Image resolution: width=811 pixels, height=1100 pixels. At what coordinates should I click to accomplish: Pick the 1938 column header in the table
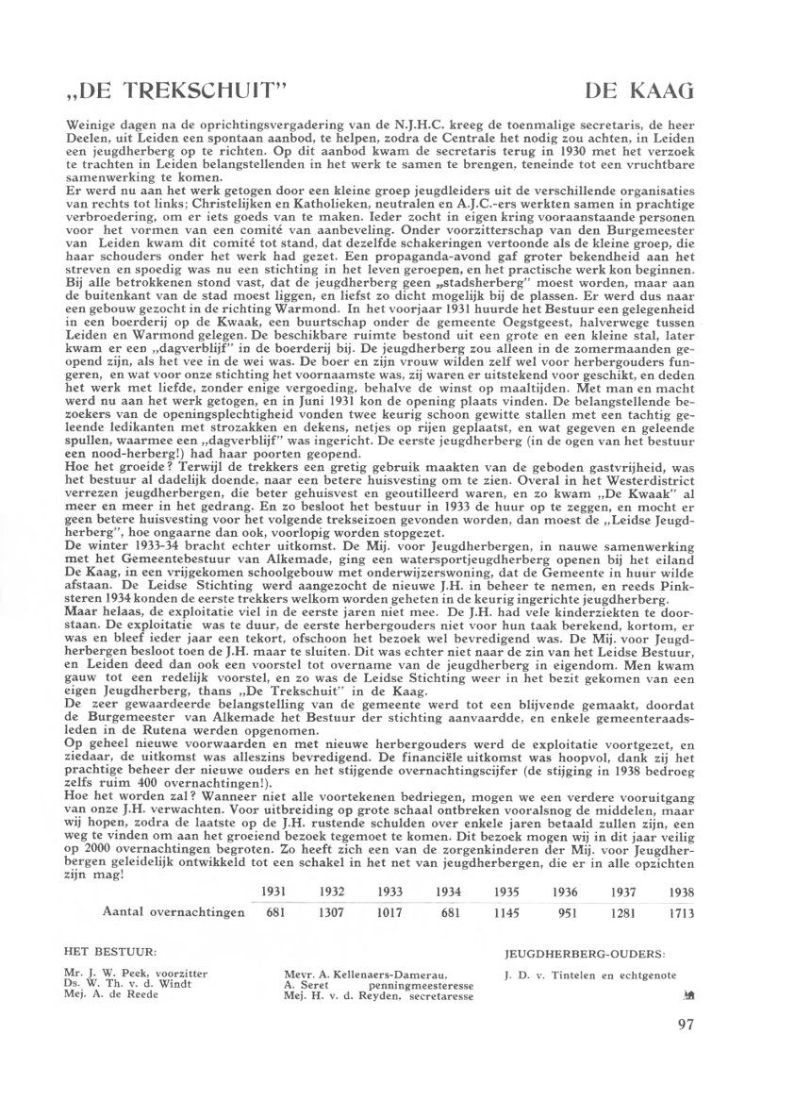(680, 891)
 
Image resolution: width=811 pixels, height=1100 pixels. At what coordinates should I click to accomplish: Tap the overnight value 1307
(331, 914)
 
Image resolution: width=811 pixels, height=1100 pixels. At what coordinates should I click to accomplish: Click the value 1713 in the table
(680, 914)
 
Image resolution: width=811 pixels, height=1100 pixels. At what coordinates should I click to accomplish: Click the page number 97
(687, 1053)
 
